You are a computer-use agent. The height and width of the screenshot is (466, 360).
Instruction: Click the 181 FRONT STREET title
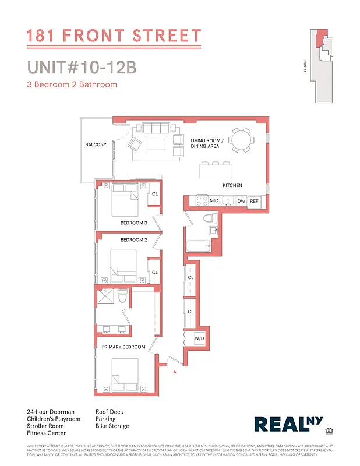point(114,37)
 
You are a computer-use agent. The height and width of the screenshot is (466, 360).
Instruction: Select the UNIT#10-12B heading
point(82,68)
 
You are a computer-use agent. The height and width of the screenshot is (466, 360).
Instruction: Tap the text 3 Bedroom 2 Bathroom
point(72,84)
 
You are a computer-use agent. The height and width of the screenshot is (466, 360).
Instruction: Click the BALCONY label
point(96,144)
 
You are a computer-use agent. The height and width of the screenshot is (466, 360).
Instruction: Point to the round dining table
point(240,140)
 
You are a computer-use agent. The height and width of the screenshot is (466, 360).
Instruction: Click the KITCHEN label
point(232,186)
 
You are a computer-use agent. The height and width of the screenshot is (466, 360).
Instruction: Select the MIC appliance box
point(214,200)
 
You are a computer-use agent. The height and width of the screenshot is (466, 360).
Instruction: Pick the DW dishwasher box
point(241,200)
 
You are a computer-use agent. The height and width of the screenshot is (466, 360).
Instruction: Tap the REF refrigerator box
point(254,200)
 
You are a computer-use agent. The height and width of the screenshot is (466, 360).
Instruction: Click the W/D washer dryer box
point(199,338)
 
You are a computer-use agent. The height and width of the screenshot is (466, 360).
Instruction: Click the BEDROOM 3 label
point(133,223)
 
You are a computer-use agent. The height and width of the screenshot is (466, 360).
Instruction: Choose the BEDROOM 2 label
point(133,240)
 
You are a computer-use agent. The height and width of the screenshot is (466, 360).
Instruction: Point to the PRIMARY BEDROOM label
point(123,347)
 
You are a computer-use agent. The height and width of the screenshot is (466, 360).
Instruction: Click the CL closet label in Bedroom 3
point(154,194)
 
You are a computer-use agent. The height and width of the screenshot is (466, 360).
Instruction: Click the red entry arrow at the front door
point(174,371)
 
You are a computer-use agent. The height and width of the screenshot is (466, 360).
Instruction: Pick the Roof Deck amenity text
point(110,412)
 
